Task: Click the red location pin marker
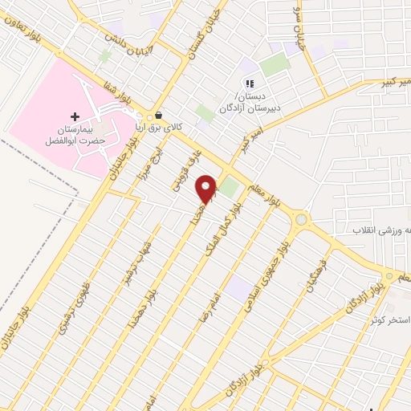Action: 207,189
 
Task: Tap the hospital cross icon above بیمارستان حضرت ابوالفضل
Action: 75,116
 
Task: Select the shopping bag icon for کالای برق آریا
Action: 159,115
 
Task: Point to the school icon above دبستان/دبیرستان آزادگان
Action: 249,83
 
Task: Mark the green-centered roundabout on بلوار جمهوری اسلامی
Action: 301,219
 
